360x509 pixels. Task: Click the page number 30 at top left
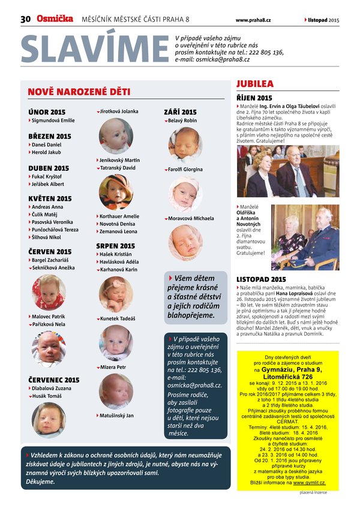pos(25,20)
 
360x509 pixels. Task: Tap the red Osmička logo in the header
pos(55,19)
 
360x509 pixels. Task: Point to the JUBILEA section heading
pos(255,84)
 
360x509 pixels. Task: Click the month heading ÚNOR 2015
pos(47,112)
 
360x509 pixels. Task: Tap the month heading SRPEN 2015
pos(116,246)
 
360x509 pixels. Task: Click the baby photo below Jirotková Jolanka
pos(115,135)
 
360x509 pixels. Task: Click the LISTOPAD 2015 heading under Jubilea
pos(262,279)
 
